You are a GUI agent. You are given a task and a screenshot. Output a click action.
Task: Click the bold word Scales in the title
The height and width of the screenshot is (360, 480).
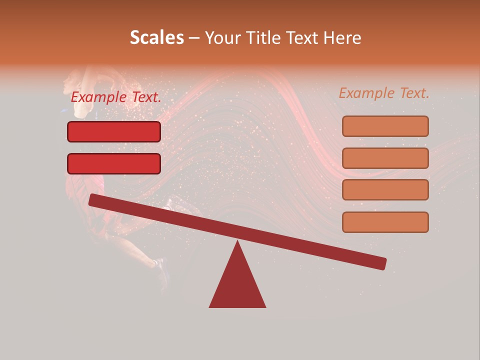tap(156, 38)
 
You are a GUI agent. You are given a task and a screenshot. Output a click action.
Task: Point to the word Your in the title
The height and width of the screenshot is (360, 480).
tap(222, 38)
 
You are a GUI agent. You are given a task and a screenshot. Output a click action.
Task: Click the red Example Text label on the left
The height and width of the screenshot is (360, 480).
tap(116, 97)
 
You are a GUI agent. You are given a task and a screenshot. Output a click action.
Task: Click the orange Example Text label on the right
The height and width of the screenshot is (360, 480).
tap(384, 93)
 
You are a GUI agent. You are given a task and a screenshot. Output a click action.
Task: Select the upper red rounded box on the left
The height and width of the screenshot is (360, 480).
tap(114, 131)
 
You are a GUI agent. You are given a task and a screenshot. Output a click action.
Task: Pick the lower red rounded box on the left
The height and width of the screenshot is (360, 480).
tap(114, 163)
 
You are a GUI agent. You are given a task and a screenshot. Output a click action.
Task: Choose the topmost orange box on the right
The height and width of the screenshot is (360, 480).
tap(385, 126)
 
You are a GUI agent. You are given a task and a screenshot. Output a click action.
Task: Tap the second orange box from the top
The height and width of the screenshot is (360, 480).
tap(385, 158)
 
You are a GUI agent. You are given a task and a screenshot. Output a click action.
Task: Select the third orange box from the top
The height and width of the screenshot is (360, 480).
tap(385, 190)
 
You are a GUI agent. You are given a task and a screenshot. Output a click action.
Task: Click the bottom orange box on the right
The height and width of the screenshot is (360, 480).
tap(385, 222)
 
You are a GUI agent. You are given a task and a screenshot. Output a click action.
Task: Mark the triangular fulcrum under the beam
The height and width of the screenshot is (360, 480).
tap(237, 285)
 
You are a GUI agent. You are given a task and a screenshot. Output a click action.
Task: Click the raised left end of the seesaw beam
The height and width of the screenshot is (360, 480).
tap(95, 200)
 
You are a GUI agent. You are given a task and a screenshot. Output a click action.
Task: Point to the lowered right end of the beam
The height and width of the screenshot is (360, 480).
tap(380, 263)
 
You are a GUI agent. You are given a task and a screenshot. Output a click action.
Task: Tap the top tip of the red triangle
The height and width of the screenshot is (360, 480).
tap(237, 243)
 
